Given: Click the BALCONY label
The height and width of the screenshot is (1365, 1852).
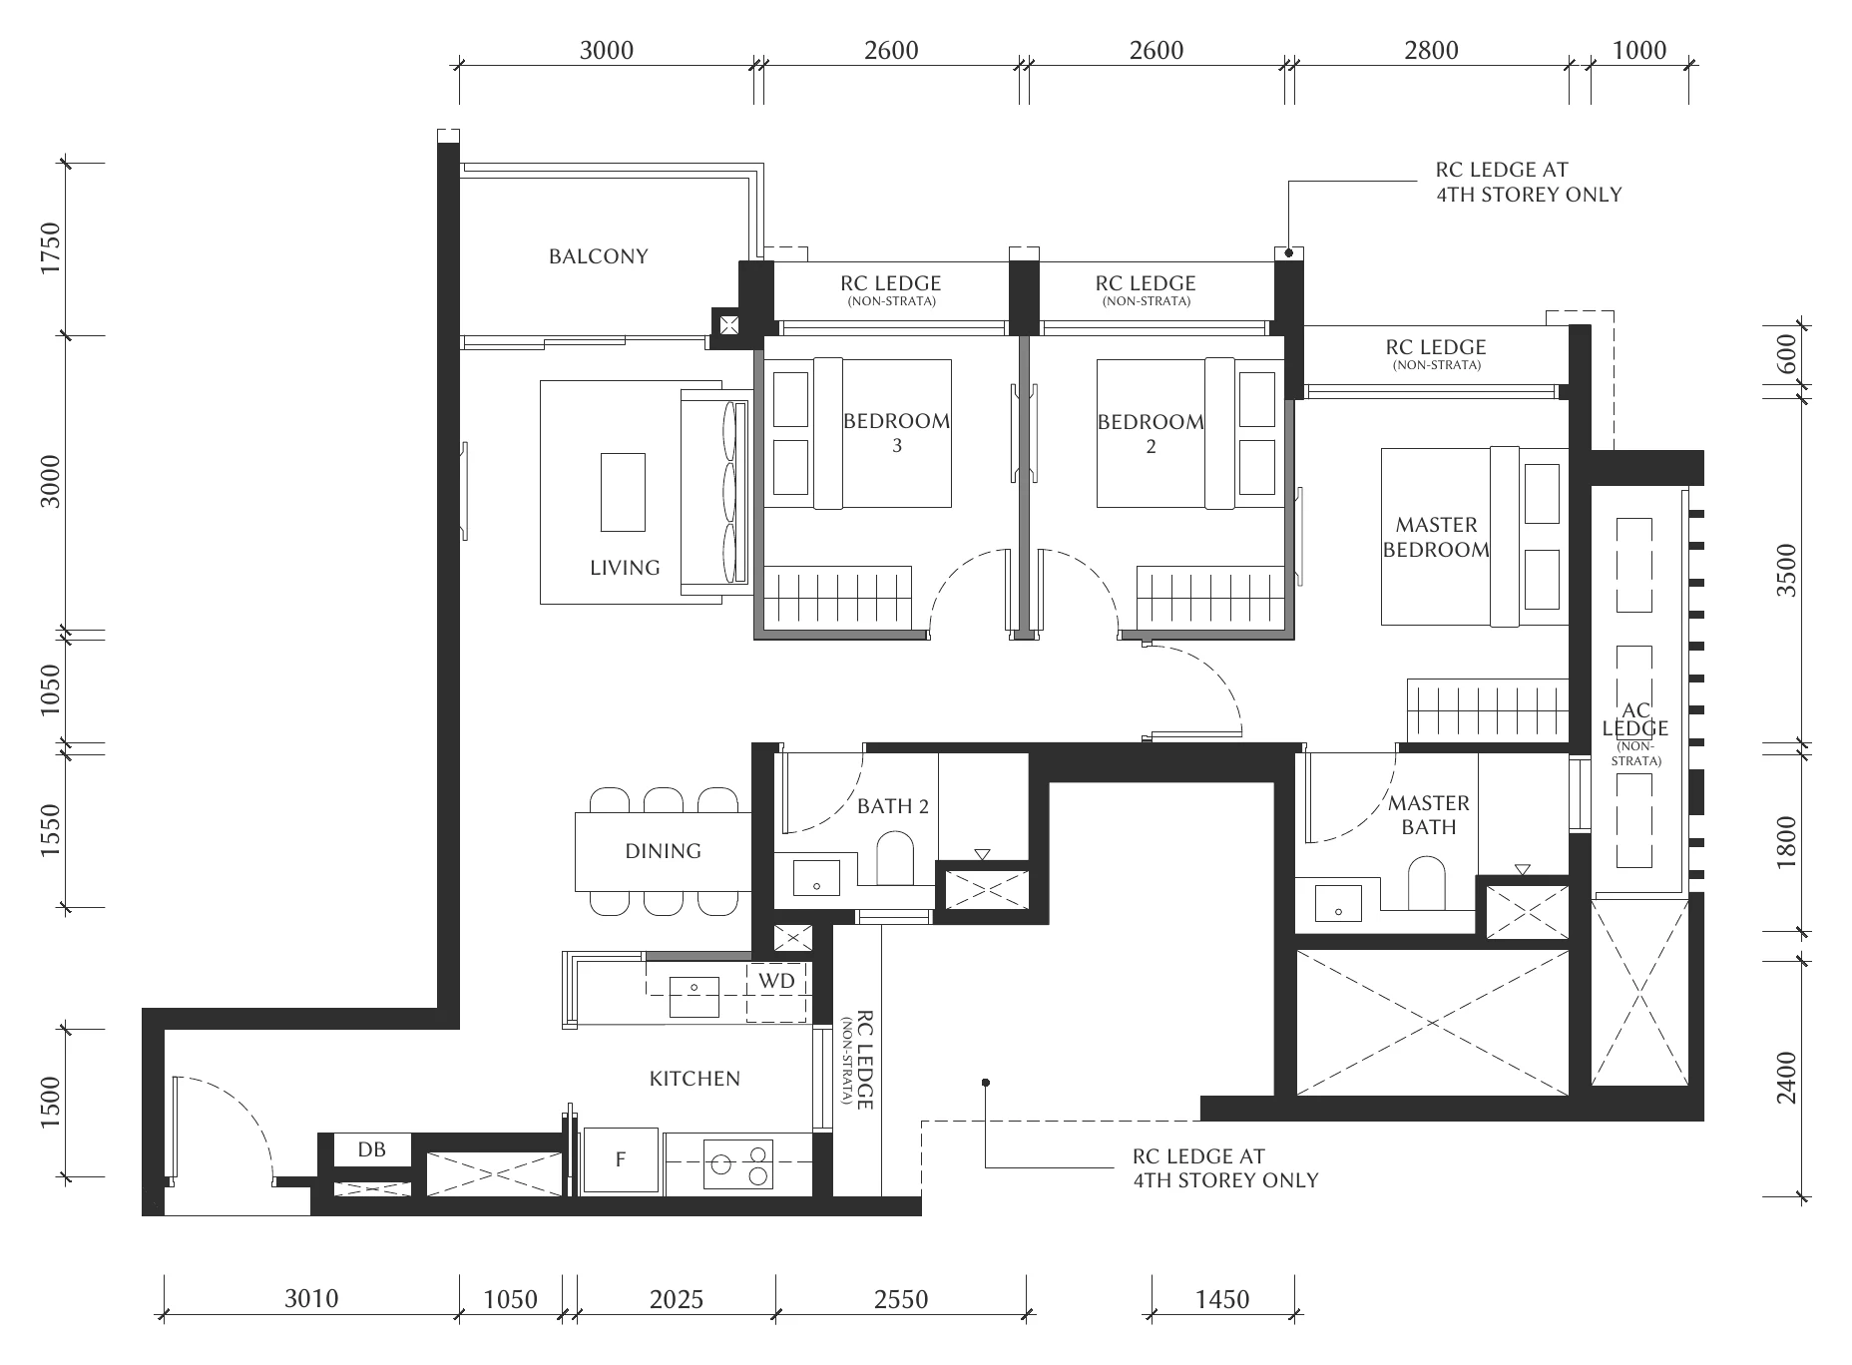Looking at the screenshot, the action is [x=598, y=256].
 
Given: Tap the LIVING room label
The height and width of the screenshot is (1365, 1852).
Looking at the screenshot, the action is [x=625, y=568].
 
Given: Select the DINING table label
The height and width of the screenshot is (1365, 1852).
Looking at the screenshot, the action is [x=663, y=851].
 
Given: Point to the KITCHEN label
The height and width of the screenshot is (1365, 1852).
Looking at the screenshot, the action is [x=694, y=1079].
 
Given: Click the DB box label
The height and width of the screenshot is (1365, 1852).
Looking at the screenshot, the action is [x=371, y=1149].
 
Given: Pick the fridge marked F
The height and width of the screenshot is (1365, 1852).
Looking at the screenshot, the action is [x=621, y=1159].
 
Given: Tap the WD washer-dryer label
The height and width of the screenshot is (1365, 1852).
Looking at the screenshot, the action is [x=776, y=981].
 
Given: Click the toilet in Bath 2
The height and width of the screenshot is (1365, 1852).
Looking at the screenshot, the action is [x=895, y=860].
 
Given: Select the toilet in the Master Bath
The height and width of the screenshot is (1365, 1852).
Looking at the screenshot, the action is [x=1427, y=884].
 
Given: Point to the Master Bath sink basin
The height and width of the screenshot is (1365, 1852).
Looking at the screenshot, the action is [x=1338, y=904].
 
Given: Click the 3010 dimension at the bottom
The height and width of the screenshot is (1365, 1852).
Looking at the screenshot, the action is [x=311, y=1298].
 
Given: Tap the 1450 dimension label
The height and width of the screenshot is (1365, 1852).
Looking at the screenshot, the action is [x=1222, y=1299].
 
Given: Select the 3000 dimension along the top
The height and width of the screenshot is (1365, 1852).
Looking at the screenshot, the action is [x=607, y=50].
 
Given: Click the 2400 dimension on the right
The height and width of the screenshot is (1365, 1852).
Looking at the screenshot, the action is [x=1786, y=1078].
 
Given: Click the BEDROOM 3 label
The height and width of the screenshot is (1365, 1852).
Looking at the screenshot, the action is [x=896, y=432].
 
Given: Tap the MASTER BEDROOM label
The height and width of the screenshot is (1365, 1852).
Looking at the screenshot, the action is [x=1436, y=537].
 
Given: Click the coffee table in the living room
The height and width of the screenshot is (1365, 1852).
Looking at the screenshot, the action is [x=623, y=492].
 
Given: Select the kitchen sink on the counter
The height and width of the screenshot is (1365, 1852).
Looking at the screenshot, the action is [x=694, y=995].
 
